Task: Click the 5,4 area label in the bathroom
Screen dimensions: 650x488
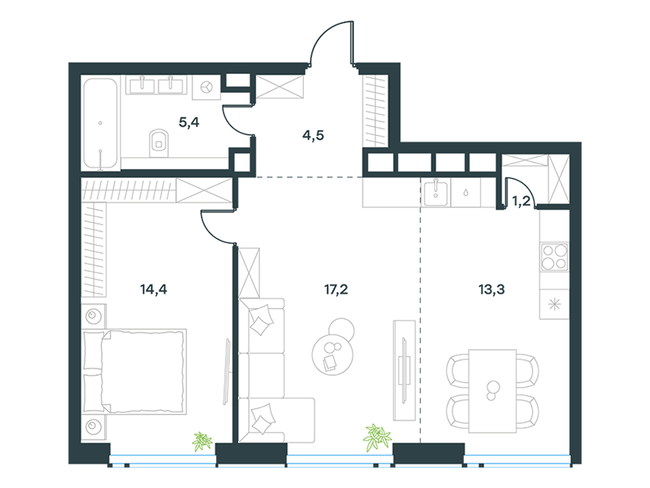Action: pos(189,123)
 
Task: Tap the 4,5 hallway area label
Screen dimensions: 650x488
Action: pos(313,135)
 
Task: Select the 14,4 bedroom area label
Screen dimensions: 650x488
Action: pos(154,289)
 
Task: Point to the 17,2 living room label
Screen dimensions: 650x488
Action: pos(336,290)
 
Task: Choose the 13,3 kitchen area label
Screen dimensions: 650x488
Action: pos(492,290)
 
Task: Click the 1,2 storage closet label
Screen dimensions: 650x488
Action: pos(521,201)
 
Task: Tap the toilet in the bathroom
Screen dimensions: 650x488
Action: pos(158,143)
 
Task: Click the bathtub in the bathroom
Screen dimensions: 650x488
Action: pos(100,124)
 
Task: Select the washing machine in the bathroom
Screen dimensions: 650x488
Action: pos(206,87)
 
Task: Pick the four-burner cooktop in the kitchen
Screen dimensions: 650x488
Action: pos(555,257)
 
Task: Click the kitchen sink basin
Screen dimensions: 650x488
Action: pos(435,193)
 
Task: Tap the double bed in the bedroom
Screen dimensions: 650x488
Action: pos(134,372)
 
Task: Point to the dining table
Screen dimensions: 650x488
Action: pos(492,391)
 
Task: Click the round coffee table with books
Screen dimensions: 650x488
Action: pos(332,355)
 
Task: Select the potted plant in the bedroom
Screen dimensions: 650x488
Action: pos(202,441)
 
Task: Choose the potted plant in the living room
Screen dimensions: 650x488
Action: pos(377,438)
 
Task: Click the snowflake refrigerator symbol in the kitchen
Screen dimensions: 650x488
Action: pos(554,304)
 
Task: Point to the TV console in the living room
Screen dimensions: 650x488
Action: pos(404,370)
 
